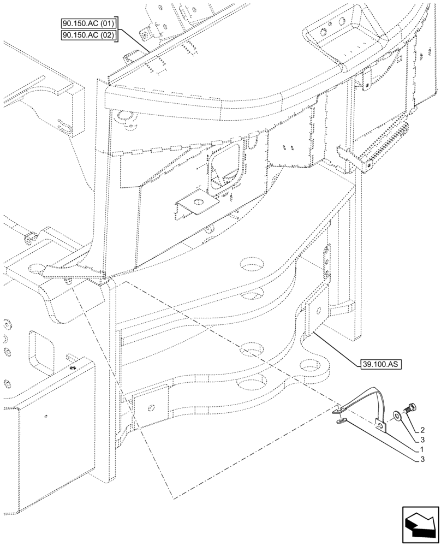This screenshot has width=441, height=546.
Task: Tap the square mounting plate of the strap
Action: [380, 425]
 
